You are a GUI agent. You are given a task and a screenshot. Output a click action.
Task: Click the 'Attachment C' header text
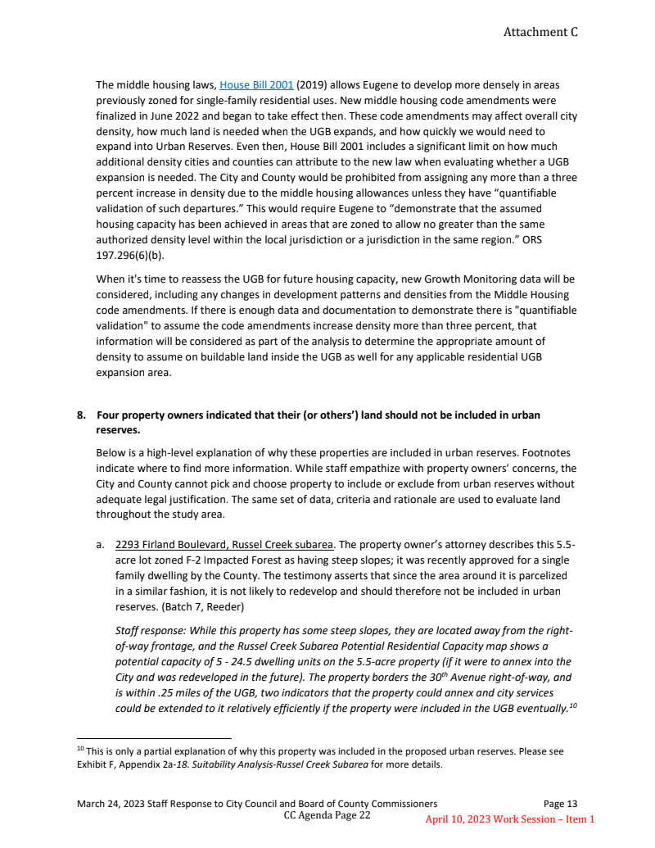coord(540,32)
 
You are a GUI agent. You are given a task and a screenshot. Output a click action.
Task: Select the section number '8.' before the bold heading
coord(82,415)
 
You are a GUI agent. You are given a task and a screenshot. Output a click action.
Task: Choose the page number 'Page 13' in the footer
coord(560,804)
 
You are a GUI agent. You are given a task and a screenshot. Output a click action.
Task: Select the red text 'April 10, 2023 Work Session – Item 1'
coord(509,819)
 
